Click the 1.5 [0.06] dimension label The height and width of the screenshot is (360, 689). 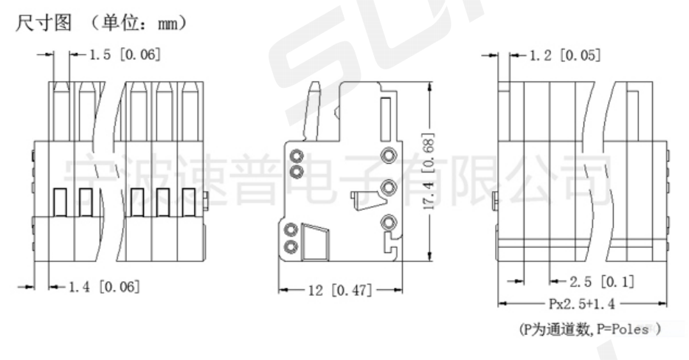(x=125, y=55)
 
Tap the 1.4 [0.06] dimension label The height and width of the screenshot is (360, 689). (x=104, y=287)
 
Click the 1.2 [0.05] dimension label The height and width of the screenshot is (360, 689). (x=564, y=55)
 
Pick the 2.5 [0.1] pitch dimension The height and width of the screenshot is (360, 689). (x=602, y=281)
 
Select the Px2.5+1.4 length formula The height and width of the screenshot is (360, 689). (x=582, y=304)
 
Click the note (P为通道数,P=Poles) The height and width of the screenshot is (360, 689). (x=589, y=329)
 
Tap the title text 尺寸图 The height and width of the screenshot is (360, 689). (x=44, y=22)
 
